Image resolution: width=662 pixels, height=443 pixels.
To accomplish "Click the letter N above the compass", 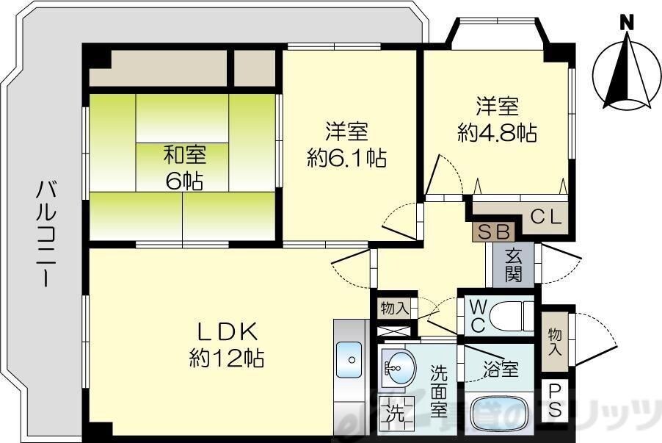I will (x=627, y=21).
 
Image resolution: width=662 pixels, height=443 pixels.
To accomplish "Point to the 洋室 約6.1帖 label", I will (x=346, y=145).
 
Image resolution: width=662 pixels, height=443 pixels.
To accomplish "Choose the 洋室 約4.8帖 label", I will (x=497, y=120).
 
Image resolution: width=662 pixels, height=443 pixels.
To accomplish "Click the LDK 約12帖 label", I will (x=227, y=345).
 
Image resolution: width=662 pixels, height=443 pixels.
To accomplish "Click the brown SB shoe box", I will (x=494, y=231).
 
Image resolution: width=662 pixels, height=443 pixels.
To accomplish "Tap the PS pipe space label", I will (x=554, y=401).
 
